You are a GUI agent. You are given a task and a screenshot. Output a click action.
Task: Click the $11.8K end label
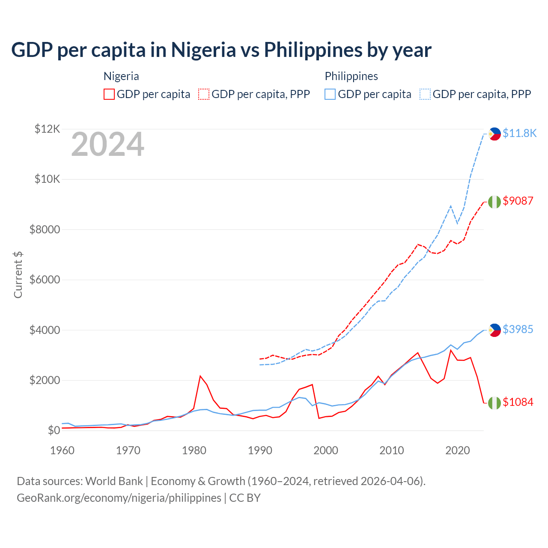click(519, 133)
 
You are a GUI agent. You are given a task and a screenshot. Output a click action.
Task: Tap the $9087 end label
click(518, 201)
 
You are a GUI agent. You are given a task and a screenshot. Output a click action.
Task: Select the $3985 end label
click(518, 329)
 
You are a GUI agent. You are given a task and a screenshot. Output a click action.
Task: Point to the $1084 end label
click(518, 402)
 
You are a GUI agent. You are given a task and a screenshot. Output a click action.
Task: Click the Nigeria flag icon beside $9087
click(494, 202)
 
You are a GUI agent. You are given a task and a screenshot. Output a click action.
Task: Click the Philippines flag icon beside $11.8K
click(494, 134)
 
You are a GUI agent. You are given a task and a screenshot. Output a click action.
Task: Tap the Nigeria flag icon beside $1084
click(494, 403)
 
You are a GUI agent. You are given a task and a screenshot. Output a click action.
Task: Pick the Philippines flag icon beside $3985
click(494, 330)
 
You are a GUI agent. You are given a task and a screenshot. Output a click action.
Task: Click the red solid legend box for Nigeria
click(109, 94)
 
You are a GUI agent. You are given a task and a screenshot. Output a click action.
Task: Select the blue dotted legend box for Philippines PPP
click(425, 94)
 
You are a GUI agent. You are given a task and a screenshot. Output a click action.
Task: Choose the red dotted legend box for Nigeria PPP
click(204, 94)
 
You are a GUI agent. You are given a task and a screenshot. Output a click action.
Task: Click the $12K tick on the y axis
click(47, 129)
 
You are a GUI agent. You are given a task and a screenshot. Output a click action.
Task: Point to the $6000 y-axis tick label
click(45, 280)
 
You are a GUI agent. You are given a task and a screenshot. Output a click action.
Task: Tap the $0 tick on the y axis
click(54, 431)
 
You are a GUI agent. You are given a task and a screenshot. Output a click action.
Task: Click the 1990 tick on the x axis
click(260, 450)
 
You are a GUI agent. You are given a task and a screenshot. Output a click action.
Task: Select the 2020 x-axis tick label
click(458, 450)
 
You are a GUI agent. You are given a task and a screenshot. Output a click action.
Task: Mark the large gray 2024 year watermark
click(107, 145)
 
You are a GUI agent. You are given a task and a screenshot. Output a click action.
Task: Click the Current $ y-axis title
click(18, 275)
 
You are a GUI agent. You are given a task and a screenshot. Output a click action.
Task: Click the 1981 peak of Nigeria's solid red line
click(200, 376)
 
